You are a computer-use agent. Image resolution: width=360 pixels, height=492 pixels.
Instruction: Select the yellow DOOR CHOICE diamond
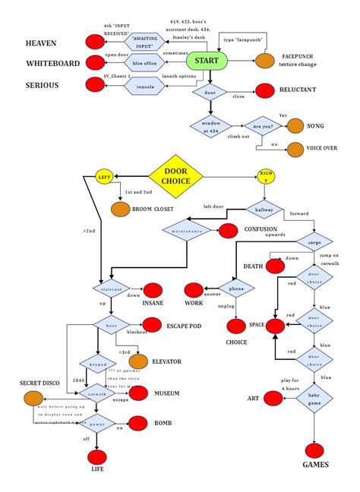click(x=175, y=177)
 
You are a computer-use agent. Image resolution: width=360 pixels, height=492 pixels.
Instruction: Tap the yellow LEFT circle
click(x=103, y=177)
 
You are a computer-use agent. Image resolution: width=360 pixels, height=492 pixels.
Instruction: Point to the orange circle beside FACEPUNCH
click(x=265, y=61)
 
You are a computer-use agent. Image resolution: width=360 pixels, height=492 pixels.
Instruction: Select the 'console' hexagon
click(x=144, y=87)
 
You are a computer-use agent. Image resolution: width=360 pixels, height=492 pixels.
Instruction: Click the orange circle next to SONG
click(x=295, y=126)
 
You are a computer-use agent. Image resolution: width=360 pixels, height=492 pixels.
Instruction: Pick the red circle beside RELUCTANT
click(x=264, y=91)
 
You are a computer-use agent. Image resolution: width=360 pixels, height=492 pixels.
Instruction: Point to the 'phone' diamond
click(x=236, y=289)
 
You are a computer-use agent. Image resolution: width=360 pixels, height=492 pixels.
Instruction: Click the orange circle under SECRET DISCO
click(x=33, y=399)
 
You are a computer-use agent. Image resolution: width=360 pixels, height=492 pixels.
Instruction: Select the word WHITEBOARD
click(x=53, y=64)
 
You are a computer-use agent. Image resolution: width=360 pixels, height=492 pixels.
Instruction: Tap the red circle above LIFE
click(x=96, y=457)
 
